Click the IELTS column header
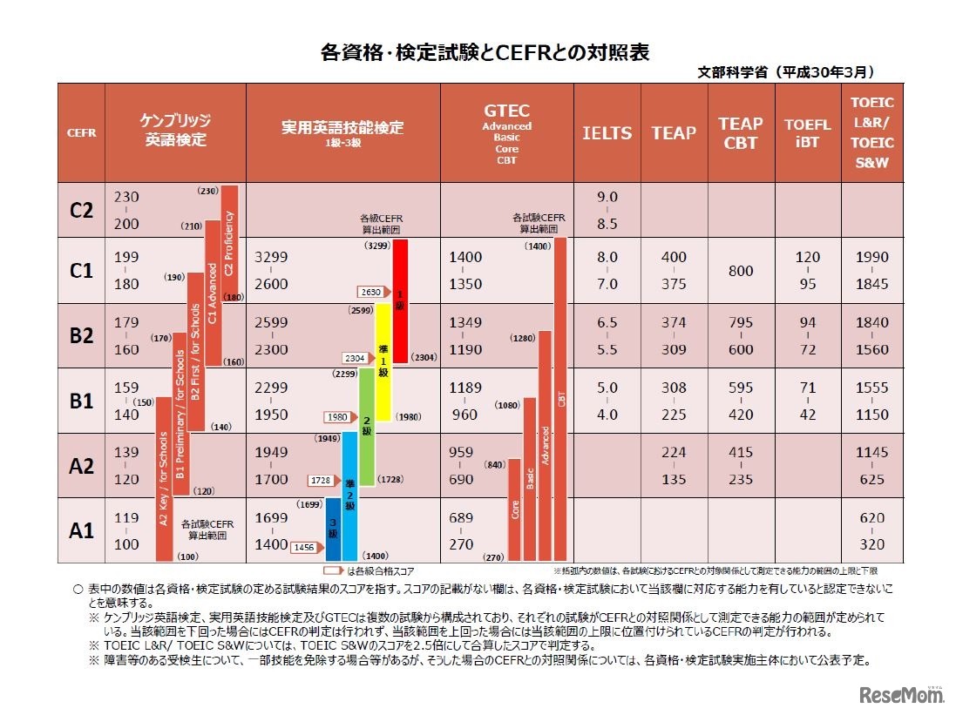607,133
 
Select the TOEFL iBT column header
807,133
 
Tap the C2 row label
81,210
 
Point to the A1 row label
81,530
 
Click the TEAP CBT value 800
741,271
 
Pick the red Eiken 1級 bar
401,300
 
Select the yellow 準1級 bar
382,358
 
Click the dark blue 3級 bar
333,529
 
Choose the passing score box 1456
303,546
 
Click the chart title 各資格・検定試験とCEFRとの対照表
485,52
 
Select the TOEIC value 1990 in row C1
871,258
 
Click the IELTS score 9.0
607,198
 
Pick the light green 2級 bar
366,427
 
